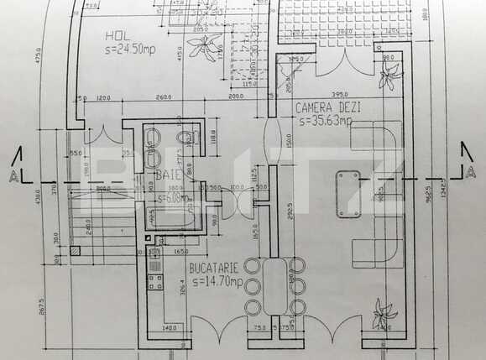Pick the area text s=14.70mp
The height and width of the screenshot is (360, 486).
215,279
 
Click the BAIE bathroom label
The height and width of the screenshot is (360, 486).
171,175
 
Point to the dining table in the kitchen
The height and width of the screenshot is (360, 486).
274,284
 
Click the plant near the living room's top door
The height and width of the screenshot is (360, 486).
388,78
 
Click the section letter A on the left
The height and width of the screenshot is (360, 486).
13,178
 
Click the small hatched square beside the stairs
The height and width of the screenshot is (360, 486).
76,249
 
